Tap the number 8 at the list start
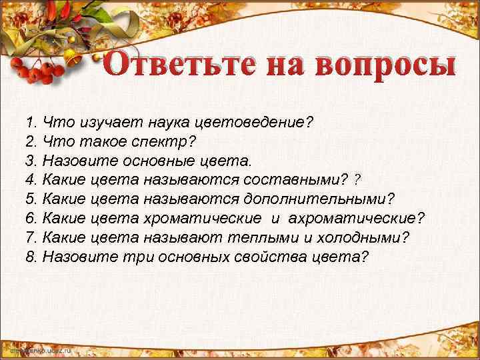click(29, 257)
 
